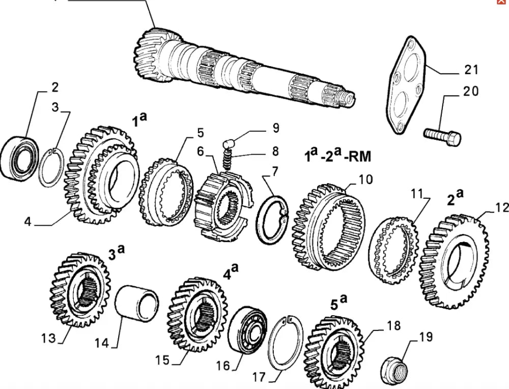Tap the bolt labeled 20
442,135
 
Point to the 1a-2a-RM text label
337,155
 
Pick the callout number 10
365,179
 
